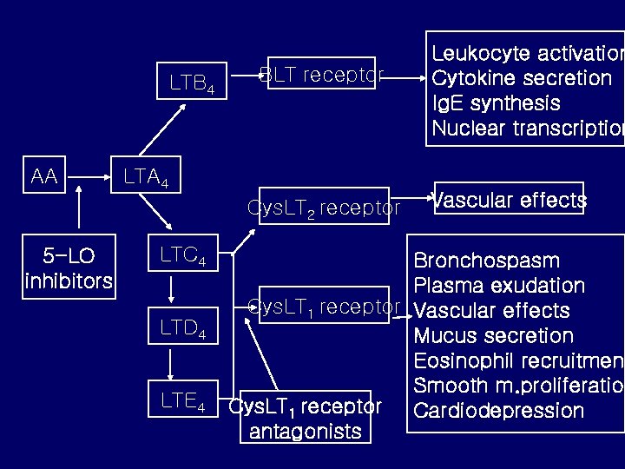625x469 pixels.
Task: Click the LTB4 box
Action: tap(191, 83)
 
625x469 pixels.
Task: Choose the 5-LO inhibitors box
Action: tap(69, 269)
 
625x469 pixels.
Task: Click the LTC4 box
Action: tap(182, 256)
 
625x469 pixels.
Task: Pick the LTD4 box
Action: tap(182, 328)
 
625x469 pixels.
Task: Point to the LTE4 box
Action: tap(182, 400)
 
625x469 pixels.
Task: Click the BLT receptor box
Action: tap(322, 74)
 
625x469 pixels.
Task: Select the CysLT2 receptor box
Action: tap(324, 208)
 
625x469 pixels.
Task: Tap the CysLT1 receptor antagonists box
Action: tap(305, 418)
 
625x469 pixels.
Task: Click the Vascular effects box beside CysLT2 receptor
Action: tap(510, 200)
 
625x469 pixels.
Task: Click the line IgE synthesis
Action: tap(496, 103)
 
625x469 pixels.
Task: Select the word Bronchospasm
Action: tap(487, 261)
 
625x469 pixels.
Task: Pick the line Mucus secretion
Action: tap(494, 335)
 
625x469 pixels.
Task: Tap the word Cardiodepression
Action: tap(499, 410)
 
